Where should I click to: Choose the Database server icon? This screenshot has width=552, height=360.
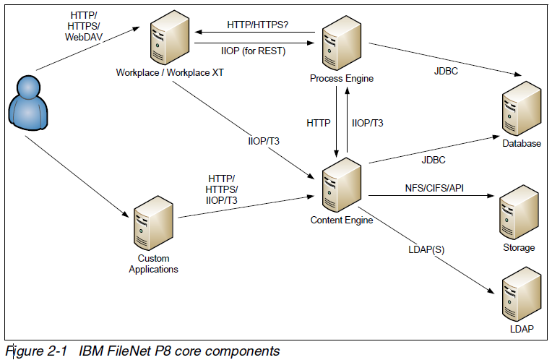pyautogui.click(x=520, y=108)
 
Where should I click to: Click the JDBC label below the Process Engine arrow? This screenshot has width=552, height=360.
pyautogui.click(x=446, y=72)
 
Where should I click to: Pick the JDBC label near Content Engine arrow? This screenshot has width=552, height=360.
pyautogui.click(x=433, y=160)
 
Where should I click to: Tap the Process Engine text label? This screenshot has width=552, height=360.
pyautogui.click(x=342, y=78)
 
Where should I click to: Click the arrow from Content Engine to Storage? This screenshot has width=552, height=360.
pyautogui.click(x=430, y=195)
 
